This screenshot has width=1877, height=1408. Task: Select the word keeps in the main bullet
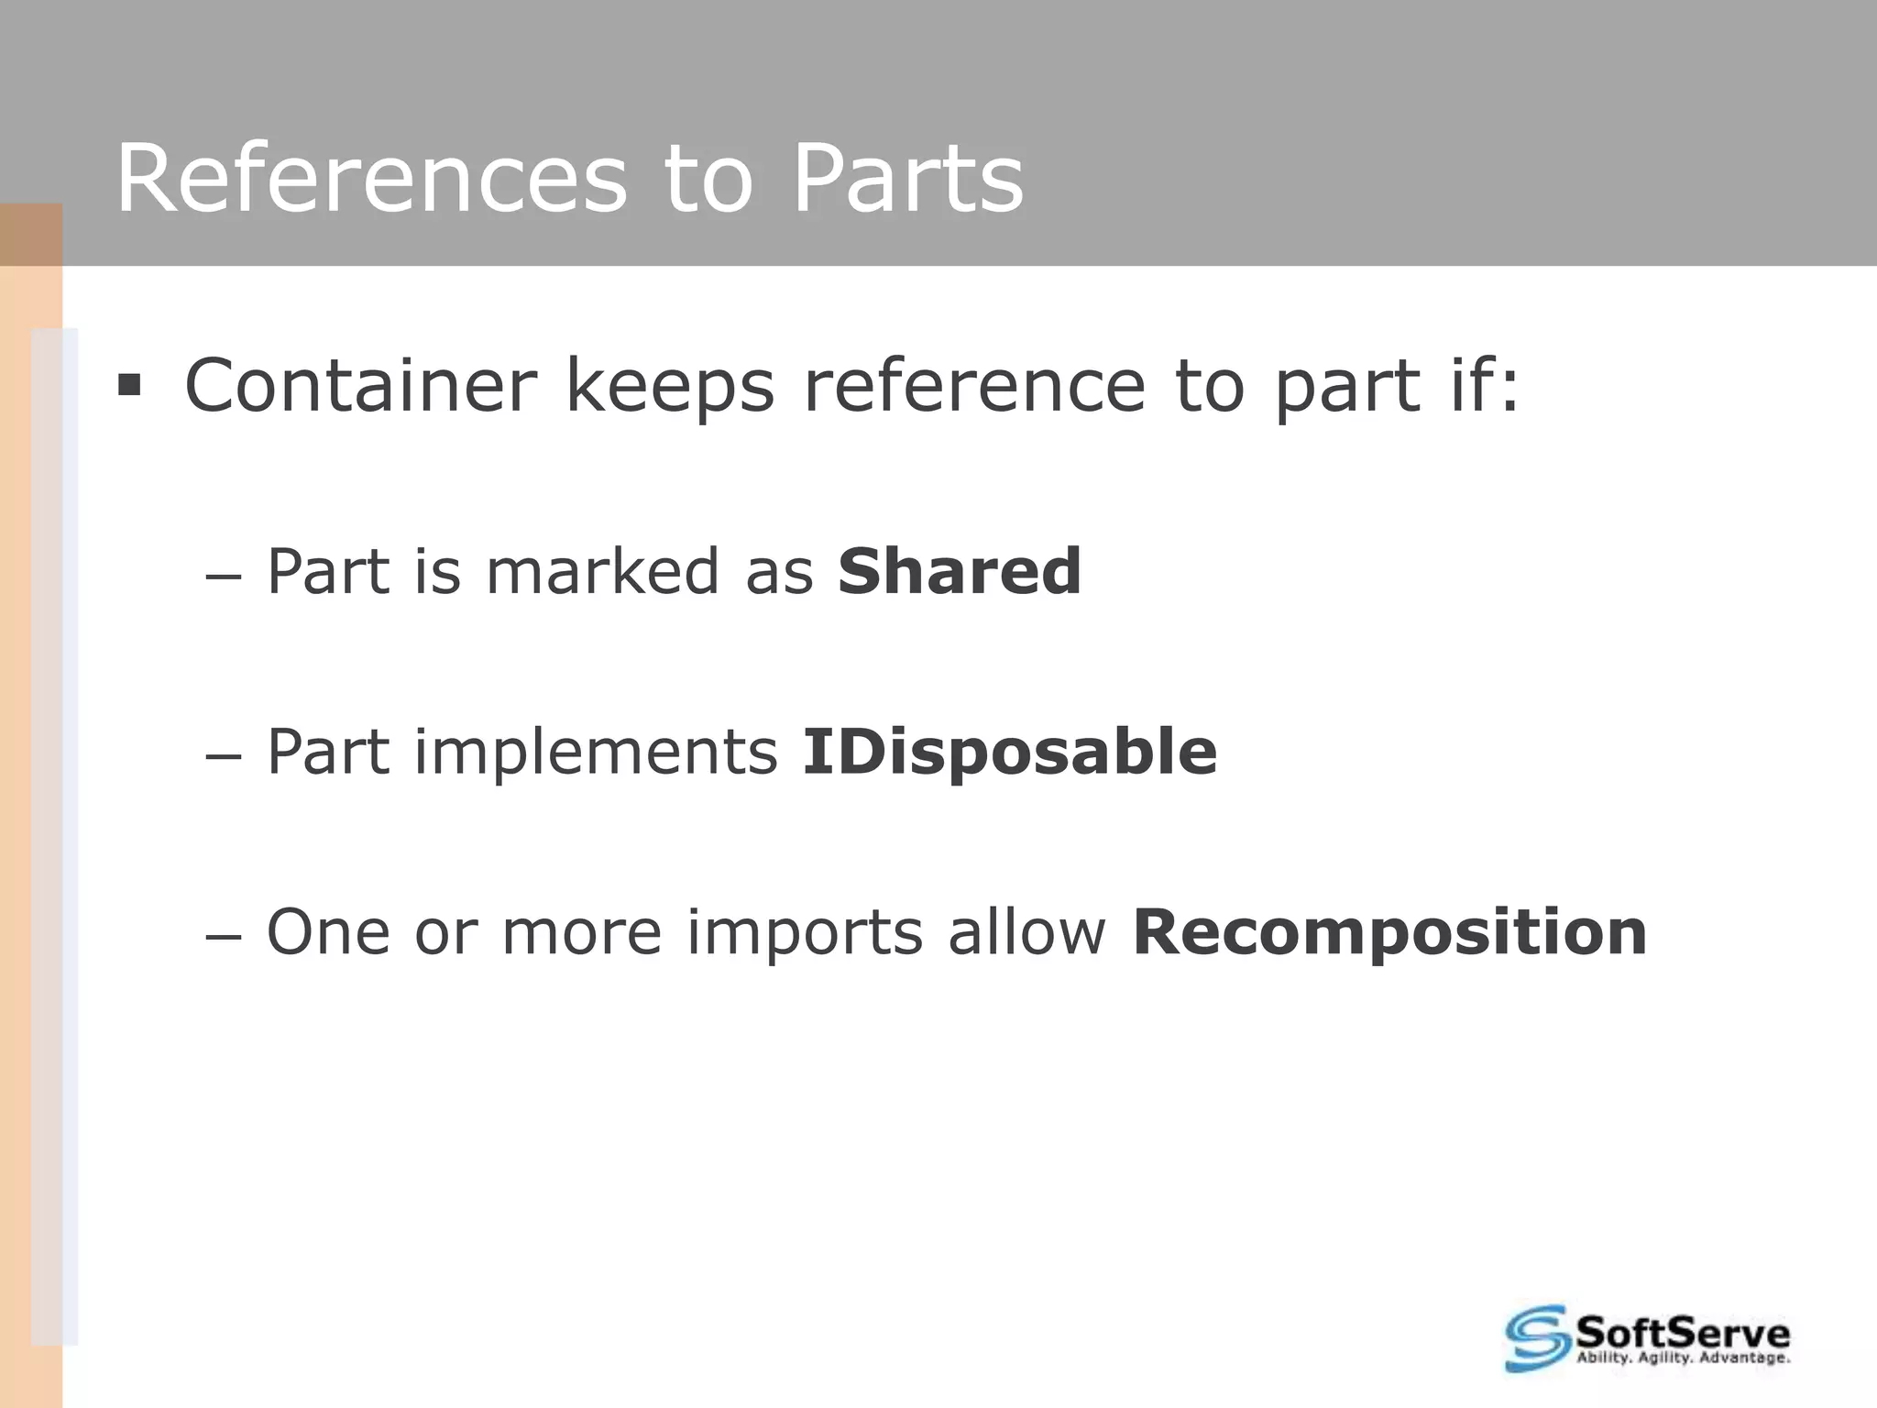tap(670, 386)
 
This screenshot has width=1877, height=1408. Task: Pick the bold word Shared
tap(960, 571)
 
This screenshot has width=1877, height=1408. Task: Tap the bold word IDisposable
tap(1009, 752)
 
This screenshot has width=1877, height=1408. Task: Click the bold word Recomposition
tap(1389, 932)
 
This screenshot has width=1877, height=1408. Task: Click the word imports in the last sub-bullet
tap(804, 932)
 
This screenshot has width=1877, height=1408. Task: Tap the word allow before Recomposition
tap(1027, 932)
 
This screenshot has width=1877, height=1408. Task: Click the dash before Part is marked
tap(223, 577)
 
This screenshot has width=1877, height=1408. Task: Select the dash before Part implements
tap(223, 758)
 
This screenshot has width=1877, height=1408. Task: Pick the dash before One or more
tap(223, 939)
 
